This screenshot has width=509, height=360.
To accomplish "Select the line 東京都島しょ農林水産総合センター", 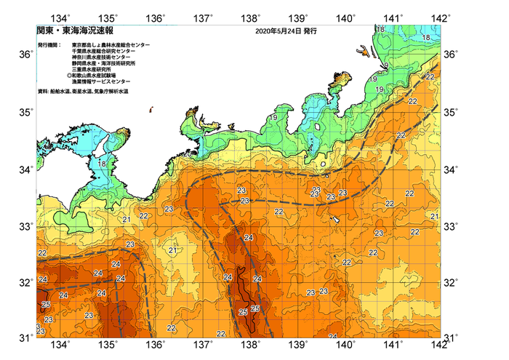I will pyautogui.click(x=111, y=45).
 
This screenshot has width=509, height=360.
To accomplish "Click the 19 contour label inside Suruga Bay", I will pyautogui.click(x=274, y=118).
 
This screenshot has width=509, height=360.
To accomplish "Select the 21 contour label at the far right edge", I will pyautogui.click(x=434, y=217).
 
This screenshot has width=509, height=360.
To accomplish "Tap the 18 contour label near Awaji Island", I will pyautogui.click(x=102, y=164).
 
